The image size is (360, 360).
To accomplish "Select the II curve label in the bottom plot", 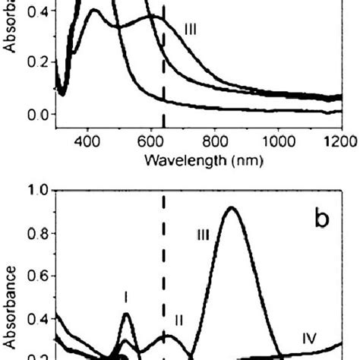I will click(x=179, y=319).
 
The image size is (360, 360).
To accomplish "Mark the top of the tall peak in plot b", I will click(x=232, y=208).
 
